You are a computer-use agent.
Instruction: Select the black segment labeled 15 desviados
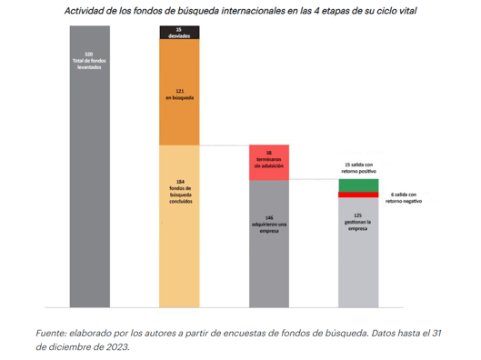point(179,33)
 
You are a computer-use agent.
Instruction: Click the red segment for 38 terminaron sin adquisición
point(269,161)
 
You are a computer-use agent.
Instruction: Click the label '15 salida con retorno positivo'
point(358,167)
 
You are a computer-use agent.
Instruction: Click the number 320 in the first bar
point(89,54)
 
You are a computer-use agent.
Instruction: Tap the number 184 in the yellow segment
point(179,181)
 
